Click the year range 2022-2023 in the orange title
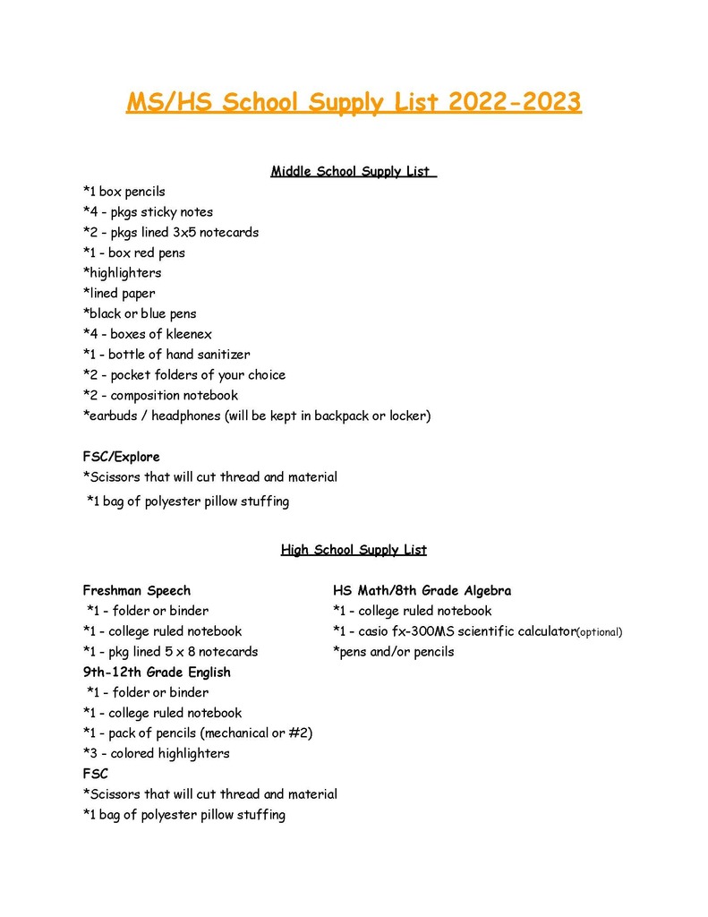pyautogui.click(x=515, y=103)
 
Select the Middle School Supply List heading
pyautogui.click(x=353, y=171)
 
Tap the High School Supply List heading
pyautogui.click(x=354, y=550)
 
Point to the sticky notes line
pyautogui.click(x=148, y=212)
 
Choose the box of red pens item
pyautogui.click(x=133, y=253)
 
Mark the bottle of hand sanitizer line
pyautogui.click(x=166, y=355)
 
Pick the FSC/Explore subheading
pyautogui.click(x=121, y=457)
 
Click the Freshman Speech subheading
pyautogui.click(x=136, y=591)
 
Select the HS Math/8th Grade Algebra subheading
pyautogui.click(x=422, y=591)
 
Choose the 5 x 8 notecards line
pyautogui.click(x=170, y=652)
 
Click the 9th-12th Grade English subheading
pyautogui.click(x=157, y=673)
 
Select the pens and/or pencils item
pyautogui.click(x=393, y=652)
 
